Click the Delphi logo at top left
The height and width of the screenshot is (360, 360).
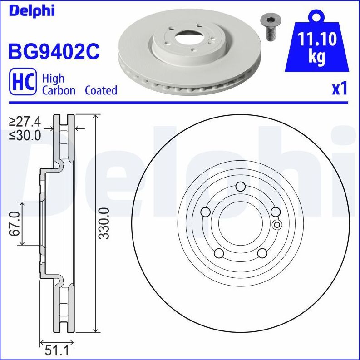pyautogui.click(x=30, y=10)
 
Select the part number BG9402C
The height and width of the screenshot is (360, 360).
pyautogui.click(x=54, y=51)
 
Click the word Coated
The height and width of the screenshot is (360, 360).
pyautogui.click(x=101, y=90)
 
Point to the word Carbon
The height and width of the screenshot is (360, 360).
pyautogui.click(x=59, y=90)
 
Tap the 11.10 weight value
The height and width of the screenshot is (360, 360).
pyautogui.click(x=316, y=39)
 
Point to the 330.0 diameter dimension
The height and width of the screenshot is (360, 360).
pyautogui.click(x=104, y=223)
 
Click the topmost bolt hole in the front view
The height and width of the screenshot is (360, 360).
pyautogui.click(x=241, y=187)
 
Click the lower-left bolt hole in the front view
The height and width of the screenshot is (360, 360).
pyautogui.click(x=219, y=253)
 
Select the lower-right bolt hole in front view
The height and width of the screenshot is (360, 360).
pyautogui.click(x=262, y=253)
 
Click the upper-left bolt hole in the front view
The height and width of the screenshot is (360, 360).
pyautogui.click(x=206, y=212)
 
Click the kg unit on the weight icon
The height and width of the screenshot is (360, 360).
pyautogui.click(x=316, y=57)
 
